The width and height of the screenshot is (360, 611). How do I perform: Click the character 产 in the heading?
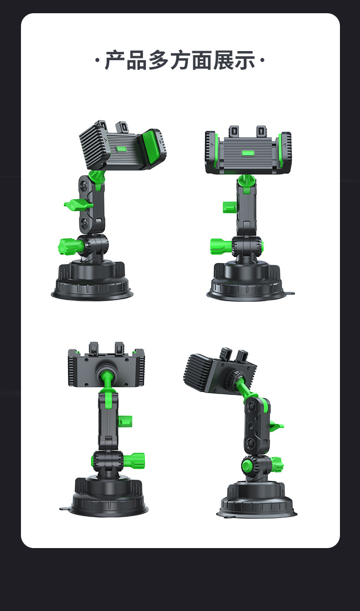pyautogui.click(x=115, y=60)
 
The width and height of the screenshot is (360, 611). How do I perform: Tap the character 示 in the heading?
pyautogui.click(x=245, y=60)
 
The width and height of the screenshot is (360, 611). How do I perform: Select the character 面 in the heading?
pyautogui.click(x=202, y=60)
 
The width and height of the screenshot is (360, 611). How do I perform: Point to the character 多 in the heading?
pyautogui.click(x=158, y=60)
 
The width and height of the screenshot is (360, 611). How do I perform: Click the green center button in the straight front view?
pyautogui.click(x=248, y=153)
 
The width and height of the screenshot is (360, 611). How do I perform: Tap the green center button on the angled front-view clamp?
pyautogui.click(x=121, y=149)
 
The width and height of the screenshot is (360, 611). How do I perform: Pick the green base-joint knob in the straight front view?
pyautogui.click(x=221, y=246)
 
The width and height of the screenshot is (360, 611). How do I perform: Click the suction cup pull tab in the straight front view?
pyautogui.click(x=291, y=294)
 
